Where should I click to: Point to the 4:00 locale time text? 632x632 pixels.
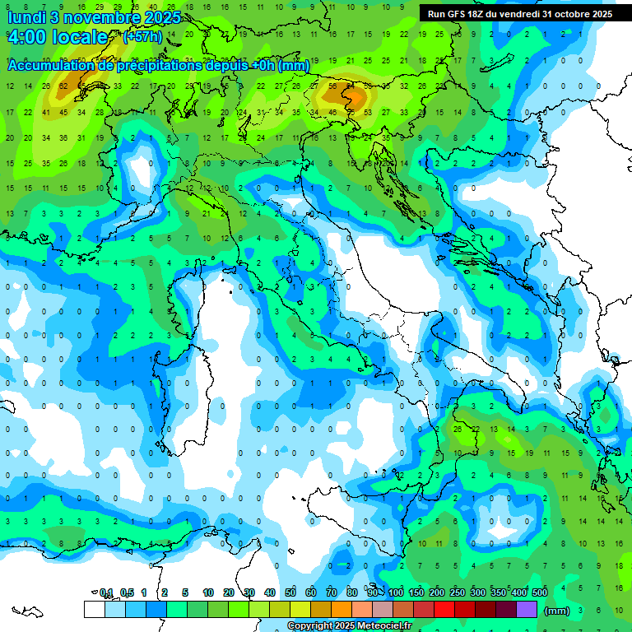pyautogui.click(x=58, y=38)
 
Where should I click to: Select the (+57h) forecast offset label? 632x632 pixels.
pyautogui.click(x=142, y=38)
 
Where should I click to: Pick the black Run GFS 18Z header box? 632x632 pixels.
pyautogui.click(x=519, y=14)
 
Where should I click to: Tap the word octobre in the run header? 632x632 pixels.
pyautogui.click(x=571, y=14)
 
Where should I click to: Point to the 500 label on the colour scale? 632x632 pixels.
pyautogui.click(x=540, y=592)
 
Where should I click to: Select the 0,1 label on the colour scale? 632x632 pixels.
pyautogui.click(x=105, y=592)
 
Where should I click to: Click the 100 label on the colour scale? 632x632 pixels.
pyautogui.click(x=396, y=592)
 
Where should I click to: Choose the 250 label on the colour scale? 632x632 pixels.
pyautogui.click(x=458, y=592)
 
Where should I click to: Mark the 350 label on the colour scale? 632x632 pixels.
pyautogui.click(x=499, y=592)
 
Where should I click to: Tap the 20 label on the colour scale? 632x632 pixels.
pyautogui.click(x=229, y=592)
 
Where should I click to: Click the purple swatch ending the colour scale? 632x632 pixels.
pyautogui.click(x=527, y=610)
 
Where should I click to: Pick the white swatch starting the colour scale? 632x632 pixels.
pyautogui.click(x=94, y=610)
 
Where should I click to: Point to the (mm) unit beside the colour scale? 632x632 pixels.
pyautogui.click(x=557, y=611)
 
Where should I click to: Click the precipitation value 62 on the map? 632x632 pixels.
pyautogui.click(x=63, y=86)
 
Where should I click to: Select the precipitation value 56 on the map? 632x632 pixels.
pyautogui.click(x=332, y=86)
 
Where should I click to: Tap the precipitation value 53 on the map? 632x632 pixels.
pyautogui.click(x=368, y=112)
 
